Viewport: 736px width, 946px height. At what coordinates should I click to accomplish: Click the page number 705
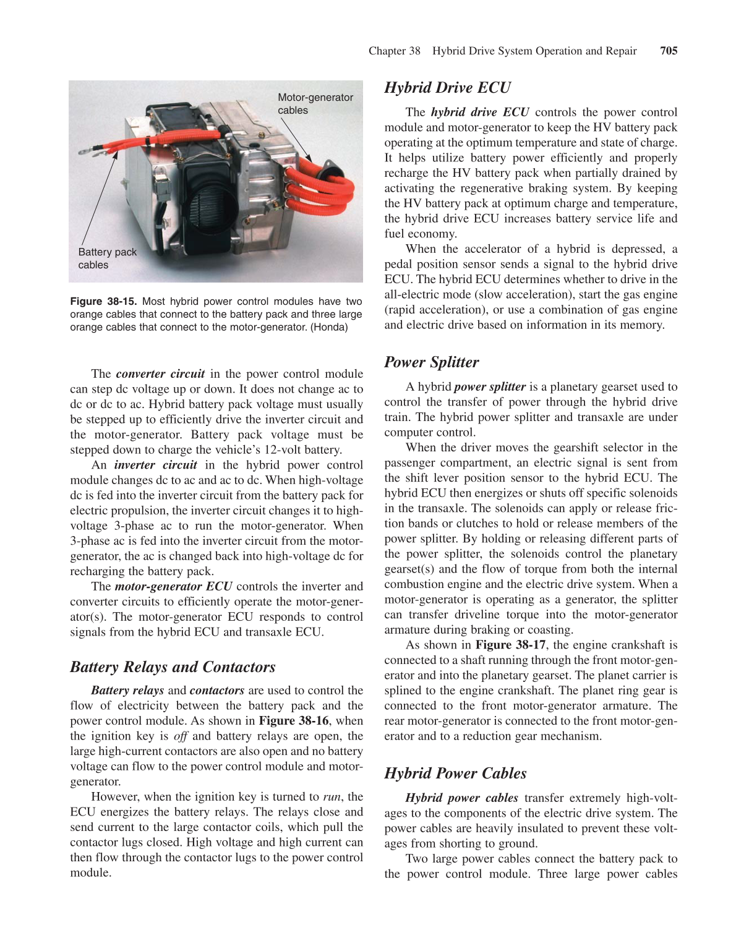point(669,51)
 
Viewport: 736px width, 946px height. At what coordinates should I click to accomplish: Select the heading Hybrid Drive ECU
point(447,88)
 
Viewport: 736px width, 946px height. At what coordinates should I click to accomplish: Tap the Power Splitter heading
point(431,362)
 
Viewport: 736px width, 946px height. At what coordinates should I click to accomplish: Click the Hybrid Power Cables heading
point(455,773)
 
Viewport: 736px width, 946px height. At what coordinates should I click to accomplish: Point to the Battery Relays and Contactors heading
point(173,667)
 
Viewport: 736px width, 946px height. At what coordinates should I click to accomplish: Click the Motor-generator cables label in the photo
point(315,104)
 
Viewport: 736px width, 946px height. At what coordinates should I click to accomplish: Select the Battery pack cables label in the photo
point(107,258)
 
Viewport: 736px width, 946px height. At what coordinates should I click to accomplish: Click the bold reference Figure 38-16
point(293,721)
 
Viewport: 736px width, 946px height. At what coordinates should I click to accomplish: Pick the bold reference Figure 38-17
point(510,645)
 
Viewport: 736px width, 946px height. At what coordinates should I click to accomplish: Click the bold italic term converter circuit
point(160,374)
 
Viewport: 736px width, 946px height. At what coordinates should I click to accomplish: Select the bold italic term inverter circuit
point(155,465)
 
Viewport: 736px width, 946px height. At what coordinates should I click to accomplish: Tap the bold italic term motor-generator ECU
point(173,587)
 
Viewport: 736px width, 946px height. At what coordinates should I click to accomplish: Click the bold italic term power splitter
point(489,387)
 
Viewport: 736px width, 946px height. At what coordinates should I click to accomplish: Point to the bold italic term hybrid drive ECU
point(479,113)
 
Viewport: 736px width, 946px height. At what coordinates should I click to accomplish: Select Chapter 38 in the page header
point(394,51)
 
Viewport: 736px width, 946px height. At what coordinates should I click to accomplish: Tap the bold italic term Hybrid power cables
point(461,798)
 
